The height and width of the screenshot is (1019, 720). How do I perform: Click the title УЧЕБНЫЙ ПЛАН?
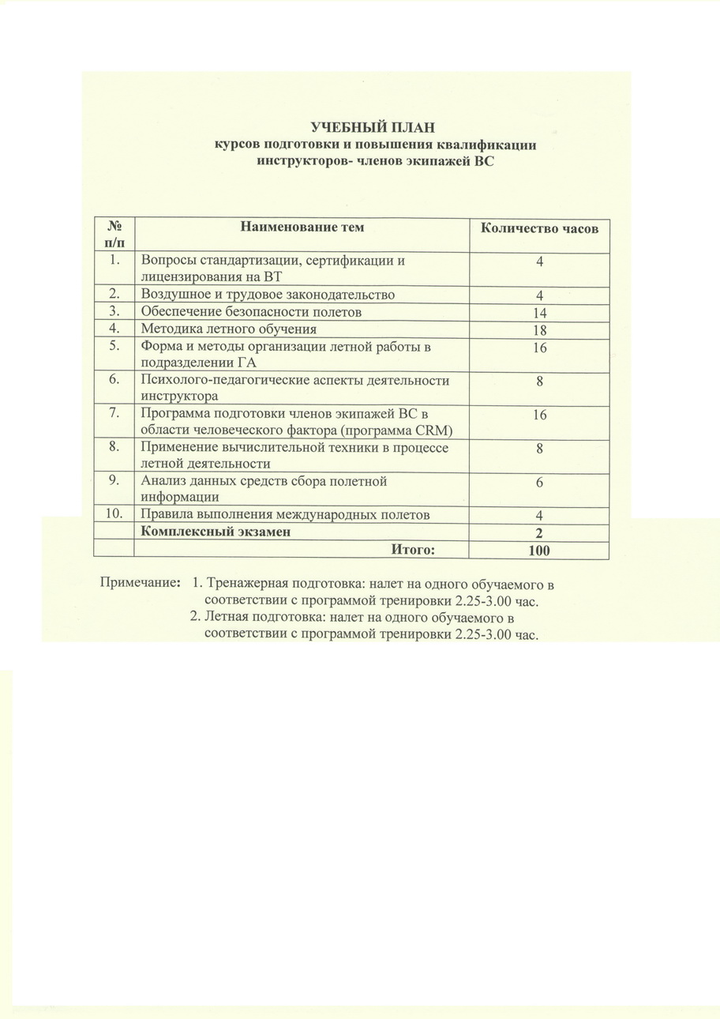point(373,127)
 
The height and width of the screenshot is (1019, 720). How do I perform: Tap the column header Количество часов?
point(539,228)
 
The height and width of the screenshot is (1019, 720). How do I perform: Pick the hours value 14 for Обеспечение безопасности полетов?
point(539,313)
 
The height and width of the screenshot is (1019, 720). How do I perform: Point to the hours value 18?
point(539,330)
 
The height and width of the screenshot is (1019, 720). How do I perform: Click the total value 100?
point(539,551)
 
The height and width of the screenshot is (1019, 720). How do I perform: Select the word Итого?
point(413,549)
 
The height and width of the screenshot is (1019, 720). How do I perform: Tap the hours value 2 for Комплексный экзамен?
point(539,533)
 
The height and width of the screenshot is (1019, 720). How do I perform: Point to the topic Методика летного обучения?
point(228,329)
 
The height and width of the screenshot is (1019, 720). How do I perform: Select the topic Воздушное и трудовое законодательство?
point(267,295)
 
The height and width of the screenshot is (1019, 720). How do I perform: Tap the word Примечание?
point(139,584)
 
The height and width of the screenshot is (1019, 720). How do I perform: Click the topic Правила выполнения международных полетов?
point(285,514)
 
